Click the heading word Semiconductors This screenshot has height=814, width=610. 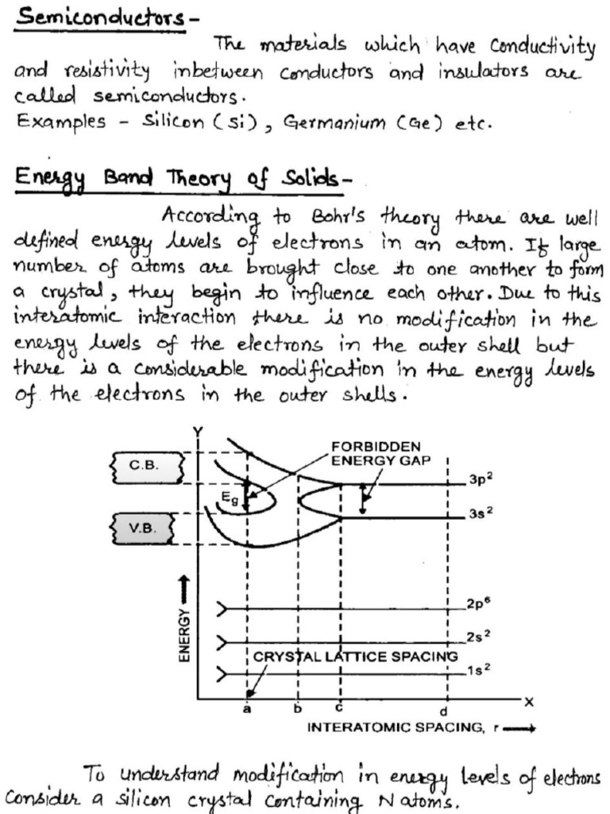click(x=98, y=17)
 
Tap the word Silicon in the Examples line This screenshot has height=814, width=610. click(x=173, y=123)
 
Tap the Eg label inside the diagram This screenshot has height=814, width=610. click(x=230, y=498)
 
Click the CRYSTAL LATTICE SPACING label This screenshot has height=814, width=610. click(x=356, y=657)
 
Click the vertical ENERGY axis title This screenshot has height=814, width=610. click(x=183, y=634)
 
